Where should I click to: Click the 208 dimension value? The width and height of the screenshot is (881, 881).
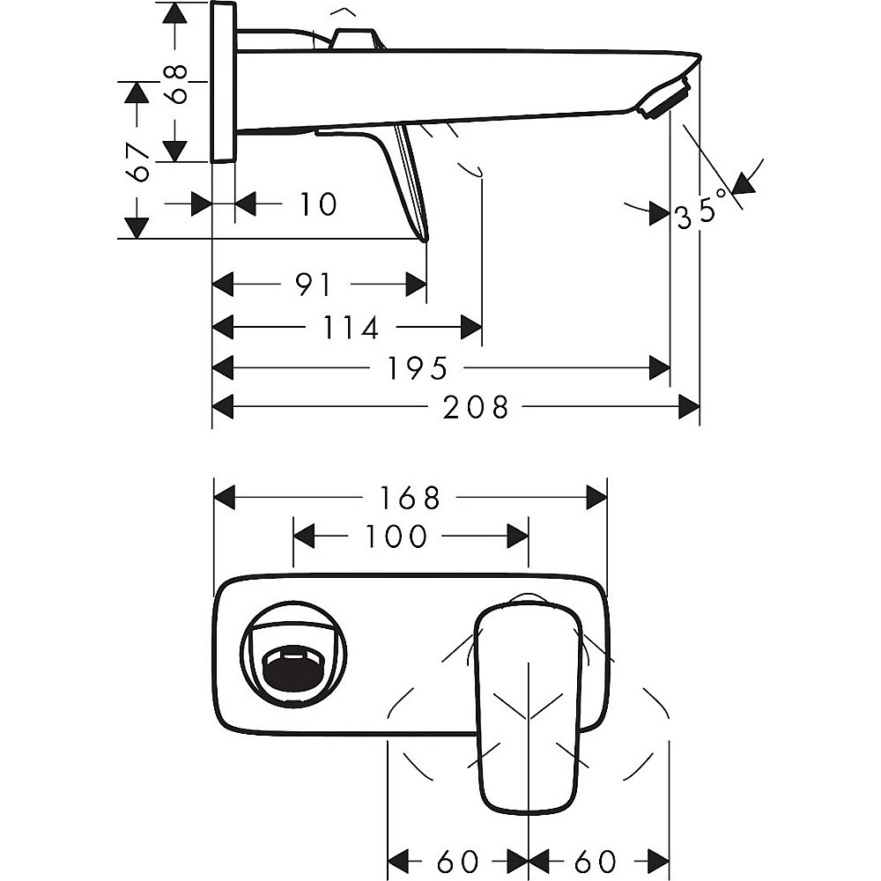(x=477, y=407)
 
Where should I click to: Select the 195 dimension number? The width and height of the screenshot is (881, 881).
(x=417, y=368)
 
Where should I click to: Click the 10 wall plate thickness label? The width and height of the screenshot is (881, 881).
(x=316, y=204)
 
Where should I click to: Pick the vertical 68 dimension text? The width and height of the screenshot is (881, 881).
(x=179, y=84)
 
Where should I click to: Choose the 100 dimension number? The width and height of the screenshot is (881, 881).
(x=394, y=536)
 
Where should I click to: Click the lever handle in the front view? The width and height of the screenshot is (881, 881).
(x=528, y=705)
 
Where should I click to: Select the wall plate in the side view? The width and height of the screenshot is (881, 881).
(x=224, y=82)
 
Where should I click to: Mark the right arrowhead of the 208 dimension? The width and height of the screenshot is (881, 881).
(x=689, y=407)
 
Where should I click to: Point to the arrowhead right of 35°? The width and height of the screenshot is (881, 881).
(x=745, y=183)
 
